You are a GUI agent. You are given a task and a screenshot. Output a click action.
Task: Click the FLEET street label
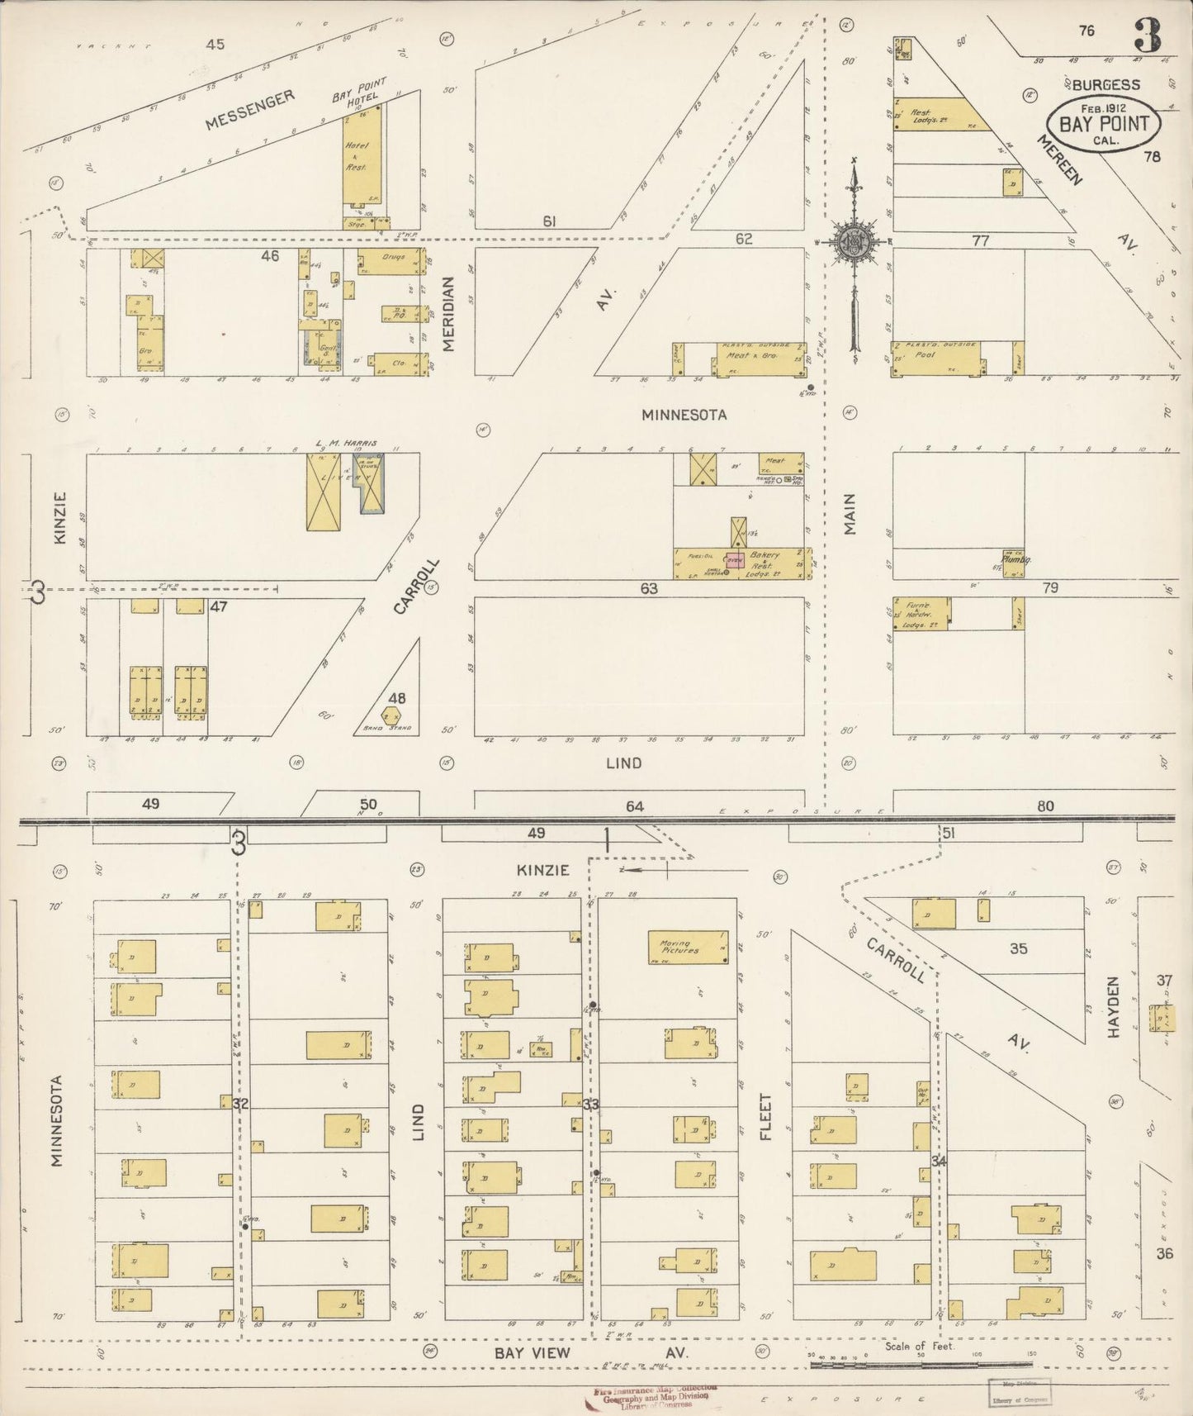coord(765,1118)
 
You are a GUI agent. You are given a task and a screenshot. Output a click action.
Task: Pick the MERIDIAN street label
coord(448,314)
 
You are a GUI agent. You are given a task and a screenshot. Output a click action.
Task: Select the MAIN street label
coord(850,513)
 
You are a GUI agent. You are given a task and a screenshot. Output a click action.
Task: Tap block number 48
coord(397,698)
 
